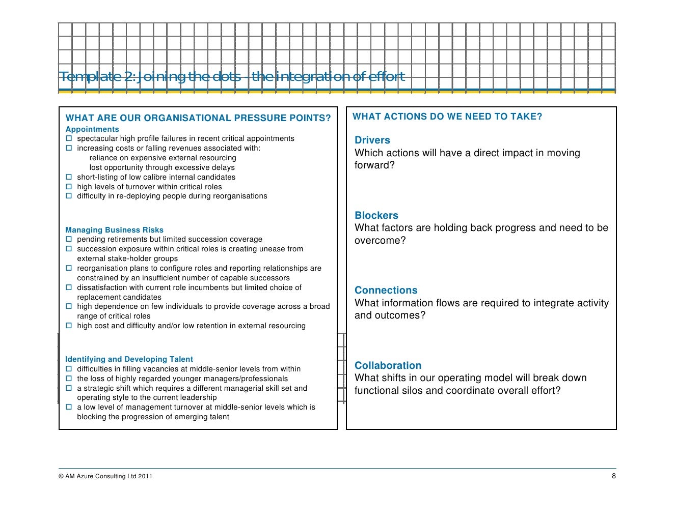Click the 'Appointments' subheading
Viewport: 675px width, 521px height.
click(x=92, y=129)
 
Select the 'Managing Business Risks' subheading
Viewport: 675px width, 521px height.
click(x=114, y=230)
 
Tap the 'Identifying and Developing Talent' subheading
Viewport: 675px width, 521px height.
click(x=129, y=359)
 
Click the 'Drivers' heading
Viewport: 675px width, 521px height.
click(x=372, y=140)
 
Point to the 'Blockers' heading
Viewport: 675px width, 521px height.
click(x=376, y=215)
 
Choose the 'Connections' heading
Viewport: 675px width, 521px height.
click(x=386, y=291)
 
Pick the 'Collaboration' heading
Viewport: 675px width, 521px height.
click(x=388, y=365)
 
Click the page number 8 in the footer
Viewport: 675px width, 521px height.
click(x=613, y=476)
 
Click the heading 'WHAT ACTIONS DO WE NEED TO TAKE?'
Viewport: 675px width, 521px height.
click(x=447, y=117)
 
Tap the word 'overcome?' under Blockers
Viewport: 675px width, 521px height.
click(x=380, y=241)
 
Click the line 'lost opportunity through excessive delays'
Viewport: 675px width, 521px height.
click(x=162, y=167)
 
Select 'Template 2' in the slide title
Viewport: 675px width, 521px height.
click(x=97, y=77)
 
